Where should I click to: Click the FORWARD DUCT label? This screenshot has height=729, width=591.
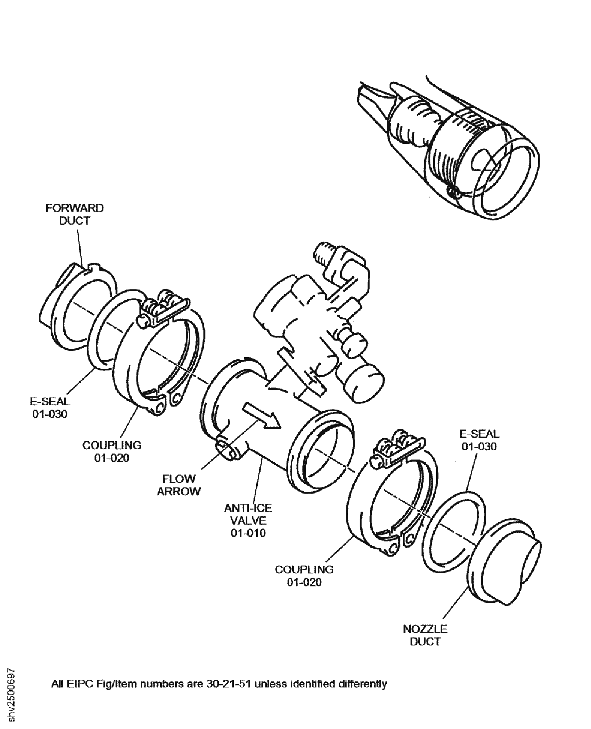coord(75,214)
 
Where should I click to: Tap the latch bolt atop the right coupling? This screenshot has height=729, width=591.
coord(400,446)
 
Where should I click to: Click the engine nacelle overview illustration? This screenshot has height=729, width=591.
coord(449,150)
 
